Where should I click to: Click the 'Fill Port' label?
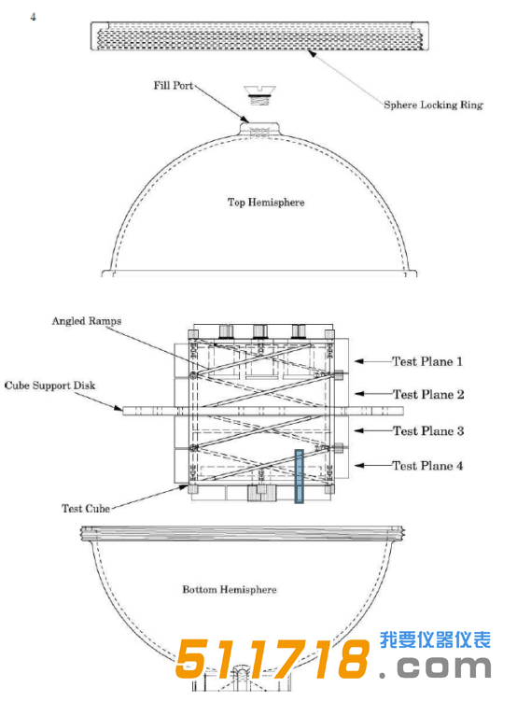point(174,86)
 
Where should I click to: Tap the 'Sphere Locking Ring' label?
point(433,105)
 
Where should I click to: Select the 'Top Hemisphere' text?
point(266,203)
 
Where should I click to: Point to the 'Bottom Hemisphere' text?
point(230,590)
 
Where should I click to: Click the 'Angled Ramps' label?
point(87,321)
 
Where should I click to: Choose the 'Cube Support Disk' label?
point(49,386)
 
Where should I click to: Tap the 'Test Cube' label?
point(86,509)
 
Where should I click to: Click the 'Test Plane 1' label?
point(427,362)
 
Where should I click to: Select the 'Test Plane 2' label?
point(428,395)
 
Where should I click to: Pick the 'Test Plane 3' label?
point(428,431)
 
